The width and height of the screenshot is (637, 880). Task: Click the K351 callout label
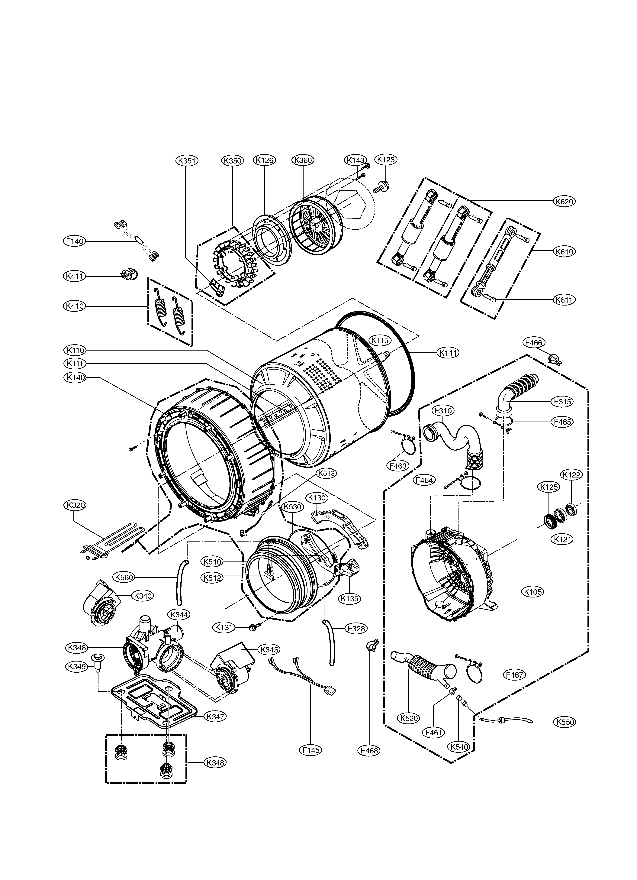point(187,161)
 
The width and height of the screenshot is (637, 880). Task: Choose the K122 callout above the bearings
point(571,474)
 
